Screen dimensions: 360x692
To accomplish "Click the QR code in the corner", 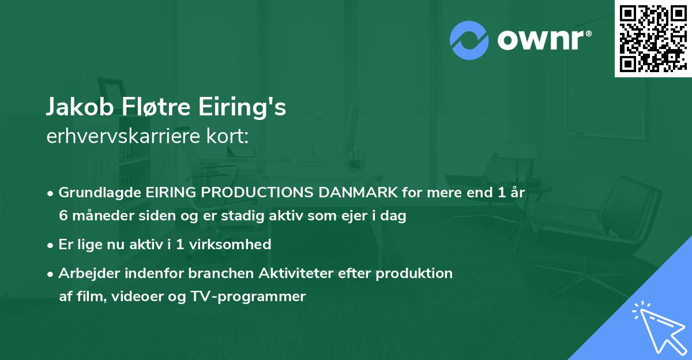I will point(653,38).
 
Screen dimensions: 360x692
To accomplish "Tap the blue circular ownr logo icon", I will point(469,40).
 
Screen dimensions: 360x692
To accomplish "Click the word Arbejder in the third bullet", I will point(85,273).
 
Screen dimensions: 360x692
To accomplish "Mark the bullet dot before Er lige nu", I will point(51,245).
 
